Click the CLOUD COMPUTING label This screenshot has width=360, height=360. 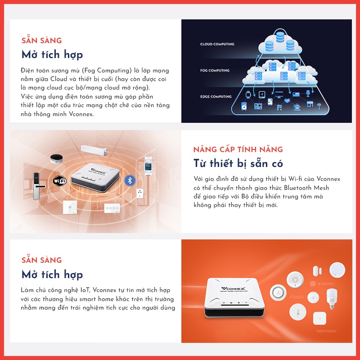(217, 44)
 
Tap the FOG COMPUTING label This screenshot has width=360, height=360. (215, 71)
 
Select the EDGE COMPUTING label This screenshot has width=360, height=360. (216, 97)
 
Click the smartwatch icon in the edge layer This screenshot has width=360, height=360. (248, 95)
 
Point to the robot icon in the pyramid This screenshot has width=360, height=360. (297, 107)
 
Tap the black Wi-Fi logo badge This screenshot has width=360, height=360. (59, 180)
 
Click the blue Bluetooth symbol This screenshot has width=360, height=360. (130, 180)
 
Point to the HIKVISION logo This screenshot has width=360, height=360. (326, 332)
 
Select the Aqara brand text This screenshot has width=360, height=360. (296, 297)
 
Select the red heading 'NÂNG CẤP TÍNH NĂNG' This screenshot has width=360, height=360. (238, 149)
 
